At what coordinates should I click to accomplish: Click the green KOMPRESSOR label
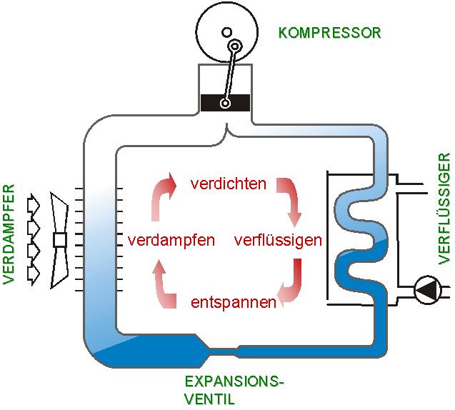329,32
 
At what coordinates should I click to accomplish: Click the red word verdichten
229,184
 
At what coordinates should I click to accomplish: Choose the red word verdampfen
171,240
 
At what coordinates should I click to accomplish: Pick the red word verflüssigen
278,240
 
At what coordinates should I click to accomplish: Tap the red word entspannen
234,302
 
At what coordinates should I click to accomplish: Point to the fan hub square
59,239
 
